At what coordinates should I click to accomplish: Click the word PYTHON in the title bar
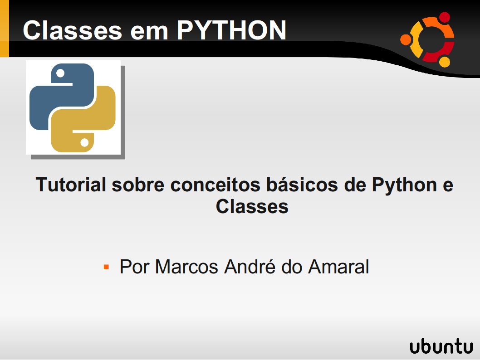click(x=231, y=30)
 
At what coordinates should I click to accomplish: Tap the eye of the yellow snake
click(x=84, y=143)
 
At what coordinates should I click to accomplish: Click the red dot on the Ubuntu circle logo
click(x=445, y=18)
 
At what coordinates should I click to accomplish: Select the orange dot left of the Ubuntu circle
click(x=406, y=40)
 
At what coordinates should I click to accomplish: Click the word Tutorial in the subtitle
click(x=71, y=185)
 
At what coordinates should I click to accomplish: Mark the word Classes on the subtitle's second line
click(x=252, y=207)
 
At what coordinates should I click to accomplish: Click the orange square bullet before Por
click(x=107, y=267)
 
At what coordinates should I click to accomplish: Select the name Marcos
click(x=186, y=267)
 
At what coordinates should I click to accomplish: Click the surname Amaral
click(x=338, y=267)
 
